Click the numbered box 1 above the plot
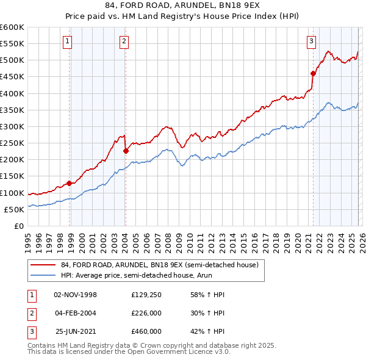[x=66, y=41]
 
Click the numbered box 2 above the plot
[x=123, y=41]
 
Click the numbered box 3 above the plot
[x=311, y=41]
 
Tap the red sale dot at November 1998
[x=69, y=183]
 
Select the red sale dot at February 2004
[x=126, y=151]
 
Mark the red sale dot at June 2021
[x=313, y=73]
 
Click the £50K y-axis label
[x=14, y=209]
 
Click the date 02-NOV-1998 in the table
[x=75, y=295]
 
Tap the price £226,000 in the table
[x=146, y=313]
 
